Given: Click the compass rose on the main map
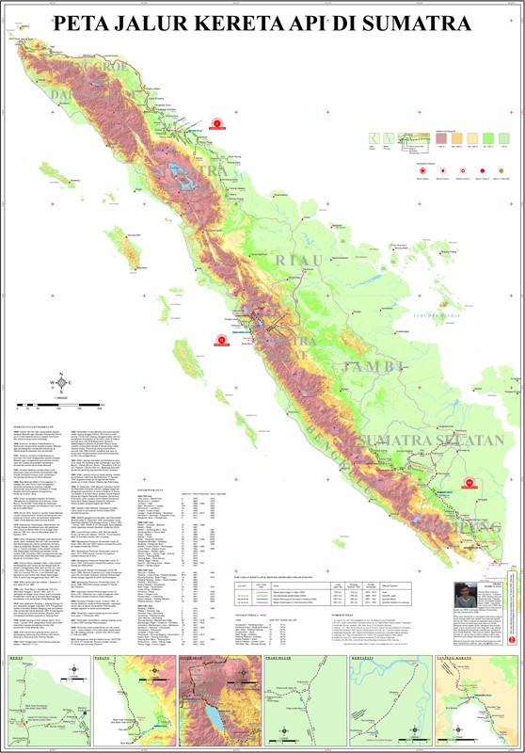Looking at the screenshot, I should (x=62, y=382).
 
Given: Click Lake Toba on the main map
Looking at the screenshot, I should (x=177, y=172).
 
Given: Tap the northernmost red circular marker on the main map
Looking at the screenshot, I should (x=218, y=123).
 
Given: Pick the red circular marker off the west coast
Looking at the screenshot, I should (x=222, y=341).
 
